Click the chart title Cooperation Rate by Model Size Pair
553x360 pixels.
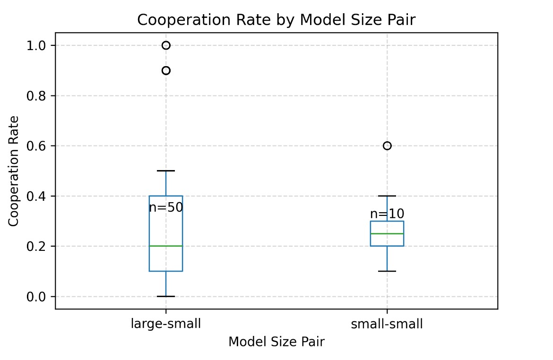point(276,20)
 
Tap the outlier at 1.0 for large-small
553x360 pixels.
point(166,45)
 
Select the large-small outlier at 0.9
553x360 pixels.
point(166,70)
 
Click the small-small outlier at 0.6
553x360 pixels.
point(387,146)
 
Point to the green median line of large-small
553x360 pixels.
point(166,246)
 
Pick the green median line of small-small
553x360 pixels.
point(387,233)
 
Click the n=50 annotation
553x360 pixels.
point(166,208)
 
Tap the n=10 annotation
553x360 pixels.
point(387,214)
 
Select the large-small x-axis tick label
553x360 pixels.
point(166,324)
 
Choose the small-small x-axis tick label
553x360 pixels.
point(387,324)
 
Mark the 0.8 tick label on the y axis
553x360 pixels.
point(38,96)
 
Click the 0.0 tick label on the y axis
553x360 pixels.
point(38,297)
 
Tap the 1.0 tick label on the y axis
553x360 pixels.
point(38,46)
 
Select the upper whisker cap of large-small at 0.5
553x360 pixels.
point(166,171)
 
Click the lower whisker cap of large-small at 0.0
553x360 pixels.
point(166,296)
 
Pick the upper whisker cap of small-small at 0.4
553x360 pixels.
point(387,196)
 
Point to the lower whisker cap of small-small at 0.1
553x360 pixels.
point(387,271)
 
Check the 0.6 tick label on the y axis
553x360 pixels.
point(38,146)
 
